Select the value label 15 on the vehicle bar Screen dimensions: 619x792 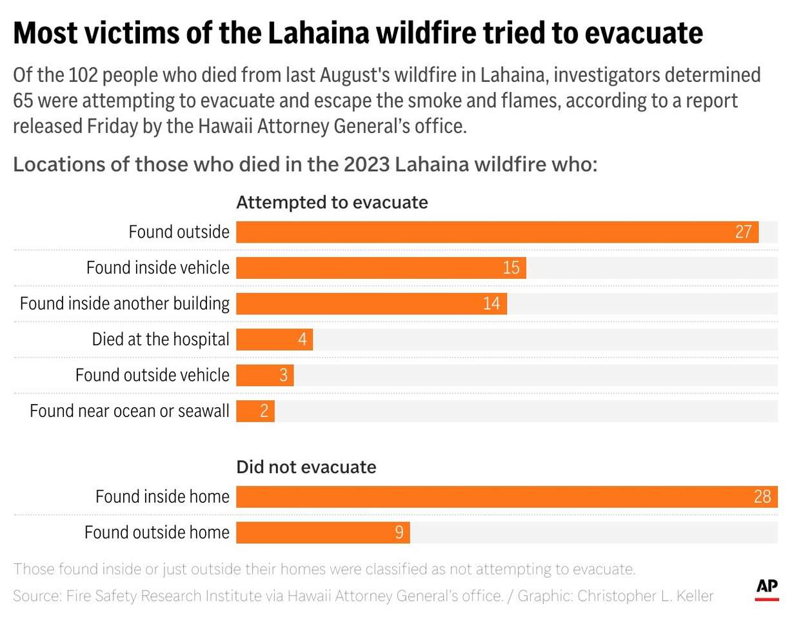tap(511, 267)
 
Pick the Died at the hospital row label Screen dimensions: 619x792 tap(161, 340)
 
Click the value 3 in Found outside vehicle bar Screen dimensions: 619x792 tap(283, 375)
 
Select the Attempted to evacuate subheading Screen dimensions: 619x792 tap(332, 203)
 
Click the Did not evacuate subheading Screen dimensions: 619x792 tap(306, 467)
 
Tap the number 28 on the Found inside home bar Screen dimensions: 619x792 tap(762, 497)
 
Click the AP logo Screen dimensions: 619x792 tap(767, 587)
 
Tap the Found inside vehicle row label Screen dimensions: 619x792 tap(158, 267)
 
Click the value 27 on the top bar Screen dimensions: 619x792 tap(744, 232)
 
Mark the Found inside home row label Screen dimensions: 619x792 tap(163, 497)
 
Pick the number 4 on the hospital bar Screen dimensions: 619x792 tap(302, 340)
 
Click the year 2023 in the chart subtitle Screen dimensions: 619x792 tap(362, 165)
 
